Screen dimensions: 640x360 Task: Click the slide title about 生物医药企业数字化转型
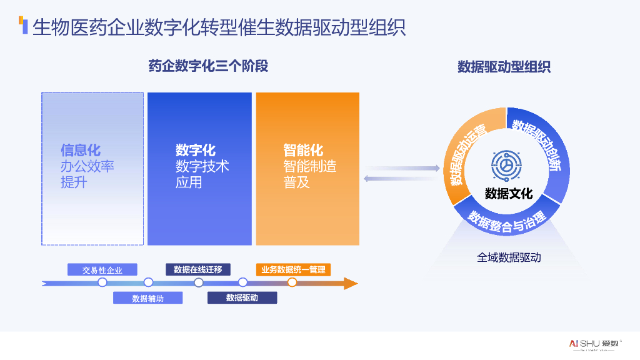[x=219, y=27]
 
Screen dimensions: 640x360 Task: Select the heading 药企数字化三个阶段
[x=208, y=66]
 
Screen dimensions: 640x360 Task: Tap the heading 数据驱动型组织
[x=504, y=67]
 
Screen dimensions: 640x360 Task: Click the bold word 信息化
[x=81, y=151]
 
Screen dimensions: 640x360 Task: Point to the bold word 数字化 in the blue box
[x=196, y=151]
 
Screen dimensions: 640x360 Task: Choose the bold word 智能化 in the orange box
[x=303, y=151]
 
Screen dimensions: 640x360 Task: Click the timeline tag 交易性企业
[x=102, y=270]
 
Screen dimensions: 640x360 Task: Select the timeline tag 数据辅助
[x=147, y=298]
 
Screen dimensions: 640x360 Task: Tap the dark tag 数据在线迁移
[x=198, y=269]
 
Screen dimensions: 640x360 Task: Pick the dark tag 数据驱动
[x=242, y=298]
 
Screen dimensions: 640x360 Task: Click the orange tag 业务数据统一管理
[x=293, y=269]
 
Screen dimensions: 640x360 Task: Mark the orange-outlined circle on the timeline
[x=292, y=282]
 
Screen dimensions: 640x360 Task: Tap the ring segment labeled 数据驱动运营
[x=465, y=154]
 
